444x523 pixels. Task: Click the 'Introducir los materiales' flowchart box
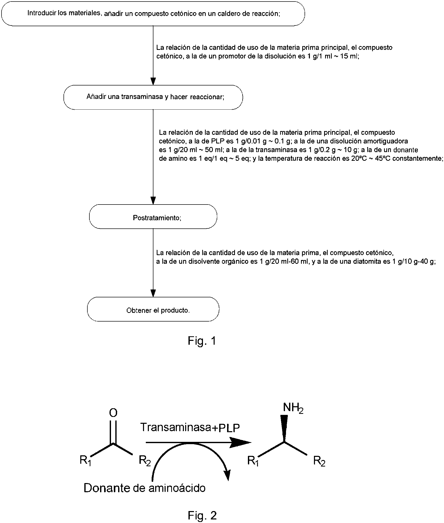coord(153,13)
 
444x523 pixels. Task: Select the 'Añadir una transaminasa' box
coord(153,97)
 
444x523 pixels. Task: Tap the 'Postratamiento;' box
coord(153,216)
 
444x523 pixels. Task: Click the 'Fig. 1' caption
coord(202,341)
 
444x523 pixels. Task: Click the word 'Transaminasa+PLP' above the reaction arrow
coord(190,427)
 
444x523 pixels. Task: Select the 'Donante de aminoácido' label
coord(144,488)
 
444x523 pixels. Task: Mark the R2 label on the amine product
coord(319,461)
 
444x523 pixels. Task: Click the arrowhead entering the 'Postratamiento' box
coord(153,200)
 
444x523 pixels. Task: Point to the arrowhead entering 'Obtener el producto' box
coord(153,293)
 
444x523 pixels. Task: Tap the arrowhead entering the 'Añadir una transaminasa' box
coord(153,81)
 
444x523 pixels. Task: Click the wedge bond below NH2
coord(284,429)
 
